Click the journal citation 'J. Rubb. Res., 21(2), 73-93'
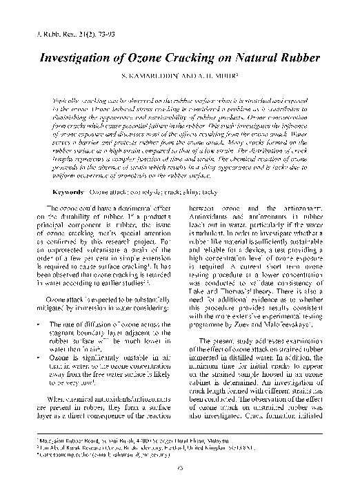click(x=60, y=33)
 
